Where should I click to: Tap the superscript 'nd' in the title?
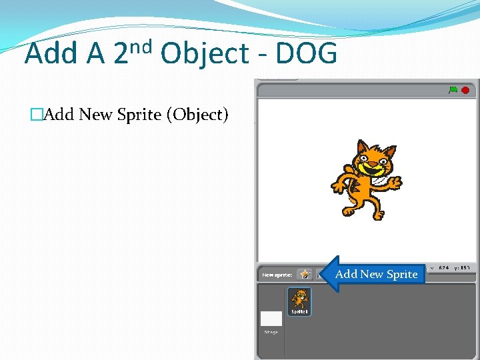click(x=141, y=47)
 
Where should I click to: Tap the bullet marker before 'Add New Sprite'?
click(x=37, y=115)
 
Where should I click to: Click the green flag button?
click(x=453, y=90)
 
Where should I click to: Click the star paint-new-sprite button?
click(x=305, y=274)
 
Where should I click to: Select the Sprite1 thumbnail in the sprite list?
click(x=299, y=301)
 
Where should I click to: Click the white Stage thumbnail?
click(x=271, y=319)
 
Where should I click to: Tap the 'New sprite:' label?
click(x=277, y=275)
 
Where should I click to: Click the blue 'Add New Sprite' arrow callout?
click(x=375, y=274)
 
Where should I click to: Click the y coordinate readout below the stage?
click(x=463, y=268)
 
